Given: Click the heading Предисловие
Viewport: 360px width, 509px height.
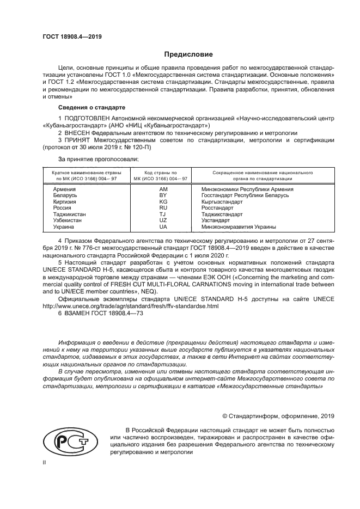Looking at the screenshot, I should click(x=189, y=54).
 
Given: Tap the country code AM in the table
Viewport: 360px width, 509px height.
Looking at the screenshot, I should click(x=163, y=189).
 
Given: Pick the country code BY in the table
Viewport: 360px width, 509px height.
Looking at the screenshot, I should click(x=163, y=195).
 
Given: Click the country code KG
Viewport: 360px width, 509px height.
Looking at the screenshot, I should click(x=163, y=201).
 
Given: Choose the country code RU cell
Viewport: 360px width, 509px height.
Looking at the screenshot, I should click(x=163, y=207).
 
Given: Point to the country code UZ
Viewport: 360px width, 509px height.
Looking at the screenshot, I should click(x=163, y=220).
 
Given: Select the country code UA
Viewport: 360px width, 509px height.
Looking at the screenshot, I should click(x=163, y=226).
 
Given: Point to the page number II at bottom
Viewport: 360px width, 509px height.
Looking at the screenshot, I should click(x=45, y=462).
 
